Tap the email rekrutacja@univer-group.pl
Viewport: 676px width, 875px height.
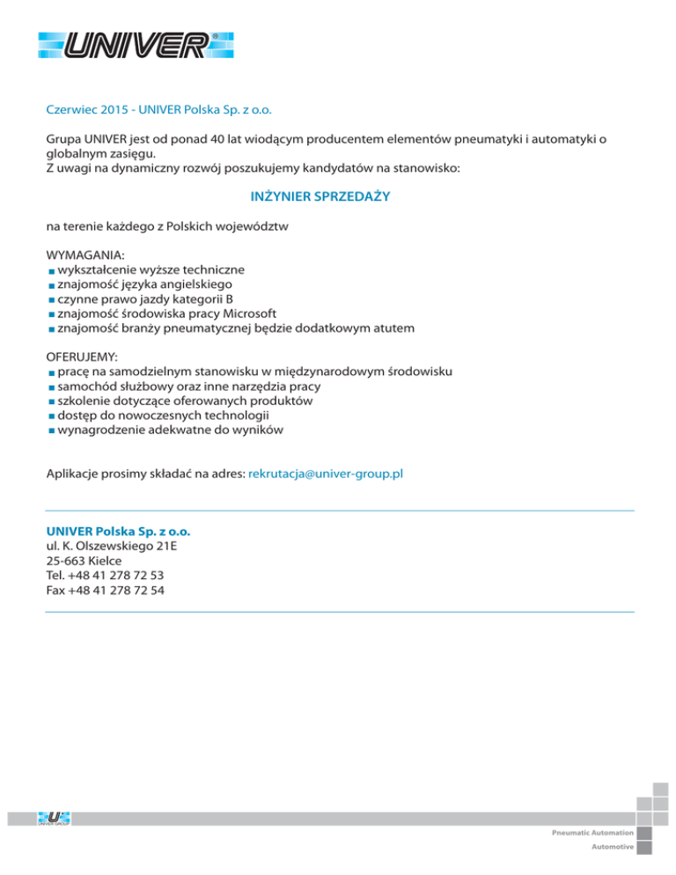click(x=327, y=474)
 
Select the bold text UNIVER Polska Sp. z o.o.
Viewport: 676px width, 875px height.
click(x=118, y=532)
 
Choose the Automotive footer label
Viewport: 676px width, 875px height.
click(x=611, y=847)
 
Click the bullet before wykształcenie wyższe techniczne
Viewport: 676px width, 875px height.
click(x=51, y=270)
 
